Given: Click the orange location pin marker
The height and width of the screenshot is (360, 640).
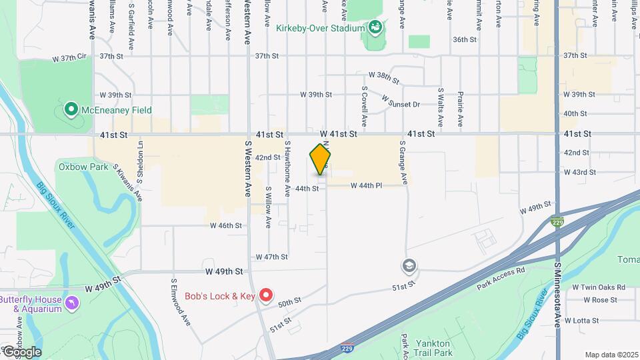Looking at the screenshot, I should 321,160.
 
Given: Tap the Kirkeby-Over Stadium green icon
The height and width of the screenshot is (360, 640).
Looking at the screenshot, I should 375,28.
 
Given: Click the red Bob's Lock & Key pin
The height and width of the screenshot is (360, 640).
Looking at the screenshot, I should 266,295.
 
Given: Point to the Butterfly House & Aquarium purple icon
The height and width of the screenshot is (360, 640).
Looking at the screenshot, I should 72,304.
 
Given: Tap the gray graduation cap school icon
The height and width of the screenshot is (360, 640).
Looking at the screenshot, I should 409,267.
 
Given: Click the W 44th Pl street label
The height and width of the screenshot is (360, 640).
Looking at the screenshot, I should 366,185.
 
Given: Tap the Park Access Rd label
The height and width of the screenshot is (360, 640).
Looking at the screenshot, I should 501,279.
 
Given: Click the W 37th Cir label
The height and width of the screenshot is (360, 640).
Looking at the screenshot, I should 70,59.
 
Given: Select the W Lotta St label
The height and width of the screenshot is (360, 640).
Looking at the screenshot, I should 581,320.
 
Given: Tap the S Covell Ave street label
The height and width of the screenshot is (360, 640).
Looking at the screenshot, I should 365,106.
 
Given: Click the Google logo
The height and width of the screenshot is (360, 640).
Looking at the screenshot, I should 22,352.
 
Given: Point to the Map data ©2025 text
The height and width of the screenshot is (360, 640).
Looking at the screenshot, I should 611,355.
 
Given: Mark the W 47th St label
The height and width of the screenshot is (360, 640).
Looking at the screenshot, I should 271,257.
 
